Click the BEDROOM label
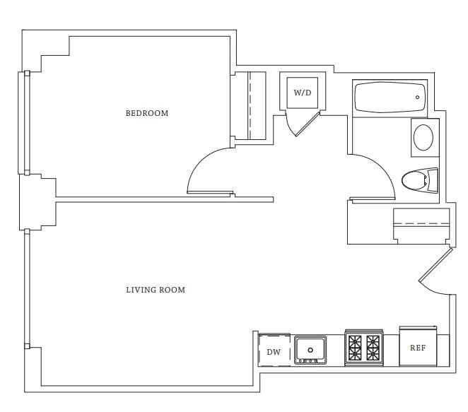tap(147, 113)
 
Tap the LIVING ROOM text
tap(156, 290)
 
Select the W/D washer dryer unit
tap(303, 93)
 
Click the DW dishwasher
tap(274, 350)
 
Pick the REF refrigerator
tap(418, 346)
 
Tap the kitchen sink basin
tap(310, 350)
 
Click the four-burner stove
tap(364, 348)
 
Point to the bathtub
tap(390, 98)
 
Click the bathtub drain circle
tap(417, 98)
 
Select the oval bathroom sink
tap(423, 138)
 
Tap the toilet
tap(420, 180)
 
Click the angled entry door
tap(435, 264)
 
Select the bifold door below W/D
tap(303, 124)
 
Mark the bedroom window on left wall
tap(25, 123)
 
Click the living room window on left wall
tap(27, 289)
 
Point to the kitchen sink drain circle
tap(310, 350)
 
